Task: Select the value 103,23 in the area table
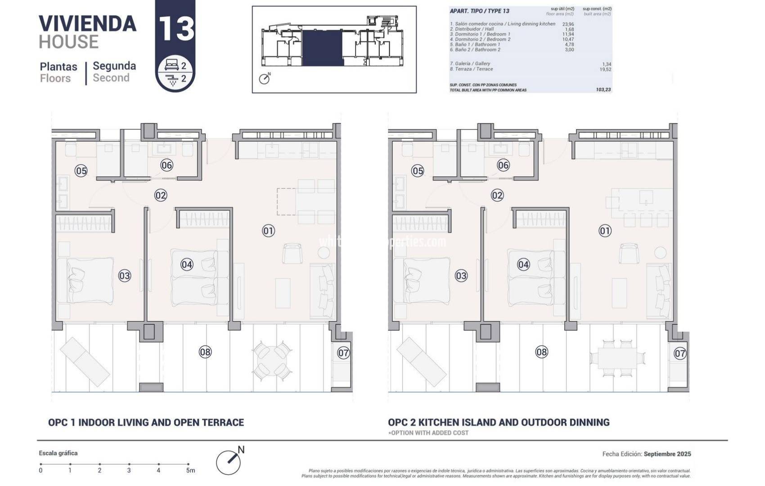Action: [x=603, y=90]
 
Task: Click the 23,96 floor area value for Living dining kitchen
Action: [x=568, y=24]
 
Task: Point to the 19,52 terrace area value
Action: [x=605, y=69]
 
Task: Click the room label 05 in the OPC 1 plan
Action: [x=81, y=171]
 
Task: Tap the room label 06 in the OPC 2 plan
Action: [x=503, y=165]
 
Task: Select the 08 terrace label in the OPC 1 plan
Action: [x=205, y=352]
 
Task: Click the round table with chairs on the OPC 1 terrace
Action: [x=271, y=361]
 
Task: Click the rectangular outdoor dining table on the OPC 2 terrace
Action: [x=617, y=358]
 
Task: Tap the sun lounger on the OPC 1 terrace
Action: [x=85, y=362]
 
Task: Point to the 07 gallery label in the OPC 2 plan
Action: [x=679, y=353]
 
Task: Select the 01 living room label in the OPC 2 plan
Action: [x=605, y=231]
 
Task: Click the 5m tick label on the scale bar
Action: [x=190, y=470]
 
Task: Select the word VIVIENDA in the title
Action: [x=87, y=24]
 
